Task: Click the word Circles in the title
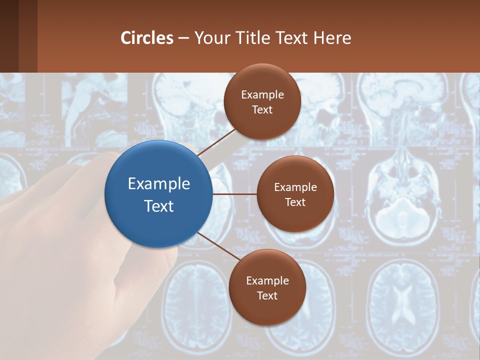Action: (x=147, y=38)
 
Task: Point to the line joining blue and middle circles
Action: (x=234, y=193)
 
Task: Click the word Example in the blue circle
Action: (x=159, y=184)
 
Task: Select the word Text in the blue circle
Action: (x=159, y=206)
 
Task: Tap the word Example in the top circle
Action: (x=262, y=95)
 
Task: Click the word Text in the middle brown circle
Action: (x=295, y=202)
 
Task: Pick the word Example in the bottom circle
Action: (x=267, y=281)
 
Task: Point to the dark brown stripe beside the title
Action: (x=28, y=36)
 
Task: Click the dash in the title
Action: (x=183, y=38)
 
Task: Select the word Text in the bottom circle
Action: (x=267, y=296)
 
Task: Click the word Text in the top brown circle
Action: (x=262, y=110)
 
